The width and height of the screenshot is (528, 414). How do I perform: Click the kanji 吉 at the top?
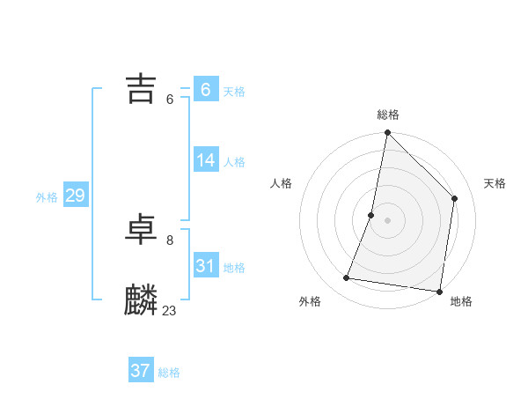[141, 89]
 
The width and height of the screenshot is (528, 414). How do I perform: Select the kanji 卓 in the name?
[141, 230]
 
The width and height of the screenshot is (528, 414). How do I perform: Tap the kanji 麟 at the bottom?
[141, 300]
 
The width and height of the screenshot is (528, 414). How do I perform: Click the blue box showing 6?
[205, 89]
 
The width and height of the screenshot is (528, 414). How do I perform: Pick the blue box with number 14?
[205, 160]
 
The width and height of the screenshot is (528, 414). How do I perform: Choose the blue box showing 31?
[205, 265]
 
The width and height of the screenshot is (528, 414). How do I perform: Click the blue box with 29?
[75, 196]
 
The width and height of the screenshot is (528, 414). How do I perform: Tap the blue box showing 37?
[140, 371]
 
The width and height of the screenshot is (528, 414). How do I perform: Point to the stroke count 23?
[170, 310]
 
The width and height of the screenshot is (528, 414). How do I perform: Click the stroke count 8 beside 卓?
[170, 240]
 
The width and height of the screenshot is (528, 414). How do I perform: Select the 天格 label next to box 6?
[234, 92]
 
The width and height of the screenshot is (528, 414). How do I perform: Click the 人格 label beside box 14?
[234, 162]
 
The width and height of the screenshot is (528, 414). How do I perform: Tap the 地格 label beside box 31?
[234, 268]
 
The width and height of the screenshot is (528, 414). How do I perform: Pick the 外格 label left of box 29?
[47, 197]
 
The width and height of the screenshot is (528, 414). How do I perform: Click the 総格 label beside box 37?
[169, 373]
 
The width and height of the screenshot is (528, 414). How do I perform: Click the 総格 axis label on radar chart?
[387, 115]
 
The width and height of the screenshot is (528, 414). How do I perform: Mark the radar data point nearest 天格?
[455, 198]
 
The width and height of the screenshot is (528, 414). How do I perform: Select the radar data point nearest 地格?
[439, 291]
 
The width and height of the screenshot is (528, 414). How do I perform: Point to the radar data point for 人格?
[371, 215]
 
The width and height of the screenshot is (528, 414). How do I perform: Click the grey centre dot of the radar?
[387, 220]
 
